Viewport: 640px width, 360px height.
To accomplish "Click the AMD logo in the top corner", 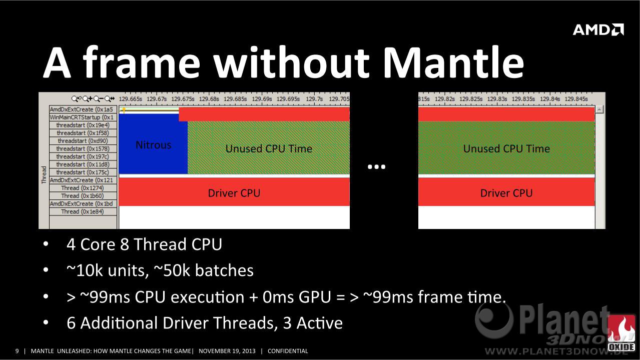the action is click(x=598, y=29).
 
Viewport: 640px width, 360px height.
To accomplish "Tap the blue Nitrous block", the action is click(x=153, y=144).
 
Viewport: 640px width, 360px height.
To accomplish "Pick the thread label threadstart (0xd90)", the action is click(x=83, y=140).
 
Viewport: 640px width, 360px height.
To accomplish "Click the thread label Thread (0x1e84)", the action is click(x=83, y=211).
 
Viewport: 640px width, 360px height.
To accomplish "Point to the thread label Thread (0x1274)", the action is click(x=83, y=188).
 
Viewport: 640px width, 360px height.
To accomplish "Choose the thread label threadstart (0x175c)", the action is click(x=83, y=172).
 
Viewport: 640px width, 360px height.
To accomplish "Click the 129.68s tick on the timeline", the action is click(x=209, y=99).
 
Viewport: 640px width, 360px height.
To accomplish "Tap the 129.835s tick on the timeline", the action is click(x=523, y=99).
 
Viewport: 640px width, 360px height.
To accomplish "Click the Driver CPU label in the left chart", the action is click(x=234, y=193).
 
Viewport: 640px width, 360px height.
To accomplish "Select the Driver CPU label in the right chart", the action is click(x=506, y=193).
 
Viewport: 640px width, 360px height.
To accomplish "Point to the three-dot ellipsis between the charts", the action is click(x=377, y=166).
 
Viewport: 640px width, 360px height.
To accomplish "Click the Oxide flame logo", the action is click(x=621, y=333).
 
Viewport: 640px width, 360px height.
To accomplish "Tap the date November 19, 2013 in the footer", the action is click(x=227, y=351).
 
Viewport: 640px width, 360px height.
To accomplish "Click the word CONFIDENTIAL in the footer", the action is click(x=288, y=351).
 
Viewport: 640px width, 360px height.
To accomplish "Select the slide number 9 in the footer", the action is click(x=17, y=351).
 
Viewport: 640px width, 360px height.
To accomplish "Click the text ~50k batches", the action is click(x=204, y=270).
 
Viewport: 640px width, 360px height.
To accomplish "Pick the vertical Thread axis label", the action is click(x=44, y=174).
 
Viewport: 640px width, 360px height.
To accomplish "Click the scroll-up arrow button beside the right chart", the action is click(x=599, y=109).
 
